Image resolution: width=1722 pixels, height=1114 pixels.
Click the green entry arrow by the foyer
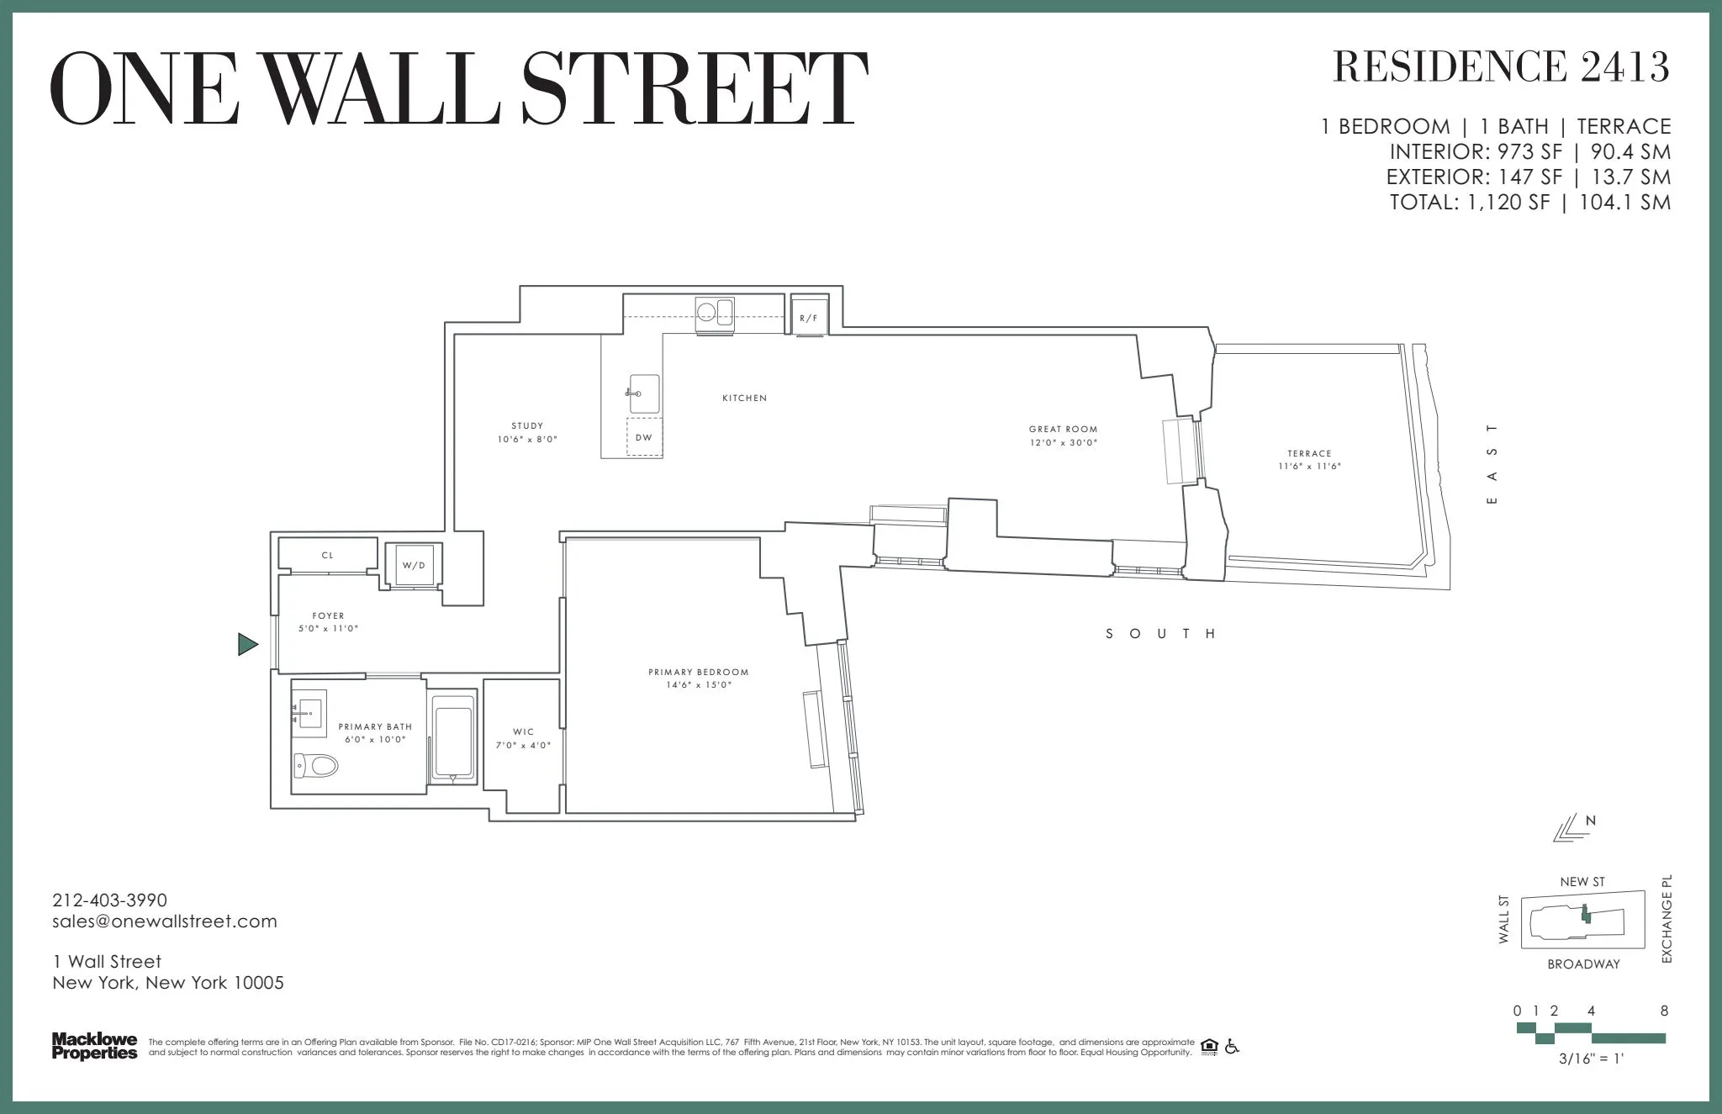[247, 645]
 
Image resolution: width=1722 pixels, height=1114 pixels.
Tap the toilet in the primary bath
[316, 765]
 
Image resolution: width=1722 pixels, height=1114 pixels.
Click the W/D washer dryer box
[413, 565]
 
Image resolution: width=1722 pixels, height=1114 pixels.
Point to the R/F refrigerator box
[809, 318]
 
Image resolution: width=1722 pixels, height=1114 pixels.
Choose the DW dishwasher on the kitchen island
[644, 438]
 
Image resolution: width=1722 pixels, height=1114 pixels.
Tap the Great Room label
[1063, 430]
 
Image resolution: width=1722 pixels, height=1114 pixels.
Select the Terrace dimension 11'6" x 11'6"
[1309, 466]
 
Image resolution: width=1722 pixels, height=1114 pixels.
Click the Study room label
[527, 426]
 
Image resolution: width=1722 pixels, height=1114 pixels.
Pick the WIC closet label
[523, 731]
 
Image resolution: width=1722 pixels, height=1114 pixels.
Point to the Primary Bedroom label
[698, 673]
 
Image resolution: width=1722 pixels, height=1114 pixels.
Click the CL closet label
[328, 556]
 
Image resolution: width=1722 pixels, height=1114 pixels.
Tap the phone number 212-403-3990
[109, 900]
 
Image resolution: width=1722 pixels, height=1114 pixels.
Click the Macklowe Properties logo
[94, 1046]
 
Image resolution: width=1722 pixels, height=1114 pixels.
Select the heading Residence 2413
[1501, 67]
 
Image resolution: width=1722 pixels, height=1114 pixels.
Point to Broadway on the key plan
[1583, 964]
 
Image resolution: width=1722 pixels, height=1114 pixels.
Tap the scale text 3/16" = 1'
[1590, 1060]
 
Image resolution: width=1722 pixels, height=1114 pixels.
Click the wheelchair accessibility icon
[1232, 1047]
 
